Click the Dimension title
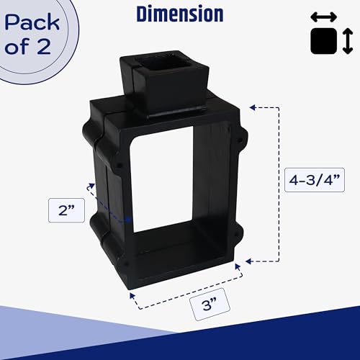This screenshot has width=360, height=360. [x=180, y=14]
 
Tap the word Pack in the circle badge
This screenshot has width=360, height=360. [x=32, y=22]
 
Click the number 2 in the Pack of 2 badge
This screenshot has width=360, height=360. [x=44, y=46]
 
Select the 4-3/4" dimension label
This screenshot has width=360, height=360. [x=315, y=180]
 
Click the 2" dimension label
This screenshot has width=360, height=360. [x=66, y=210]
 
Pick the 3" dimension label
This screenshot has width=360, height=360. [x=210, y=305]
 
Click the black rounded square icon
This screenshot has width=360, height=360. [x=324, y=41]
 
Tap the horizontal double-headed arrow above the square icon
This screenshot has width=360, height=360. [x=324, y=17]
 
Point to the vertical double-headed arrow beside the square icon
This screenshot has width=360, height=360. [x=348, y=41]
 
